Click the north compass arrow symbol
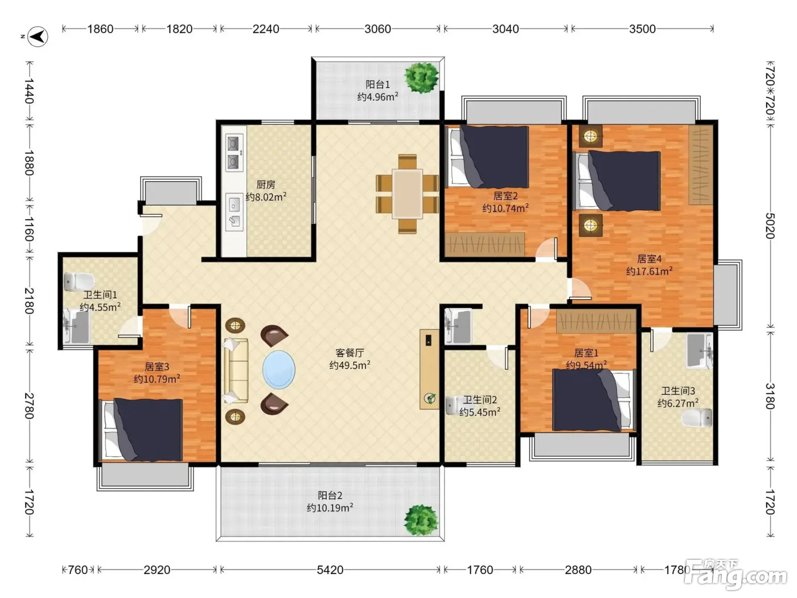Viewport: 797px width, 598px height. click(x=38, y=36)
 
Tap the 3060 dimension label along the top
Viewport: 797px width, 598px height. click(x=377, y=29)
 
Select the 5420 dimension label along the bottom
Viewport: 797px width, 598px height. click(x=330, y=570)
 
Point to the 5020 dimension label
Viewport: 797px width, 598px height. click(x=770, y=226)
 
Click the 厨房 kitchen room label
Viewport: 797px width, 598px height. click(x=266, y=185)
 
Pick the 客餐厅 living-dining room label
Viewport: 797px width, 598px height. click(x=350, y=353)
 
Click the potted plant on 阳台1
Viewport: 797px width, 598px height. click(x=422, y=77)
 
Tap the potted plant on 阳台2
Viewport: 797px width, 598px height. click(x=421, y=520)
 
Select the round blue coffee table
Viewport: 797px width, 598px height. click(x=279, y=370)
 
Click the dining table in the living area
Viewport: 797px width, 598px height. click(x=407, y=194)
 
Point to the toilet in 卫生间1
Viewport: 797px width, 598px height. click(x=79, y=282)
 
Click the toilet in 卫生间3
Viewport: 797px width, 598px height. click(x=697, y=418)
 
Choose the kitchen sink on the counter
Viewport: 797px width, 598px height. click(x=234, y=212)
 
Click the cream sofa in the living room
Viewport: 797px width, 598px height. click(x=236, y=371)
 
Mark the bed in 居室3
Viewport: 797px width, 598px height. click(x=141, y=429)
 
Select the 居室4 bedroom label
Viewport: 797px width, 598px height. click(x=649, y=259)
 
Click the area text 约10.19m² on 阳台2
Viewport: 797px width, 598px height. click(x=330, y=507)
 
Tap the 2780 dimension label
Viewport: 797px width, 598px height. click(x=29, y=406)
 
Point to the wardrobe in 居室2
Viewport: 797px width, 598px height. click(x=484, y=244)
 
